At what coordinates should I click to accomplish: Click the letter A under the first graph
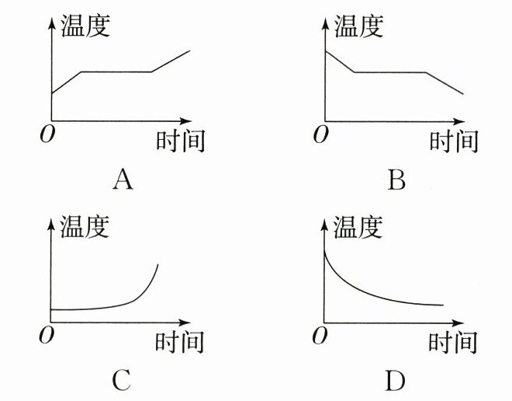click(x=123, y=180)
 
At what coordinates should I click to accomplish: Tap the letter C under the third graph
click(x=122, y=380)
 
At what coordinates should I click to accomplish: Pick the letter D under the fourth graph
click(x=394, y=380)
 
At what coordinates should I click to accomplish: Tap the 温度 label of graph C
click(x=85, y=227)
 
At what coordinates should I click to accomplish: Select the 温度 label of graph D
click(x=358, y=227)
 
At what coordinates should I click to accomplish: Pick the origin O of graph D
click(x=318, y=335)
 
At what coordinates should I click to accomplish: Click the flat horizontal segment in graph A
click(x=116, y=72)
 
